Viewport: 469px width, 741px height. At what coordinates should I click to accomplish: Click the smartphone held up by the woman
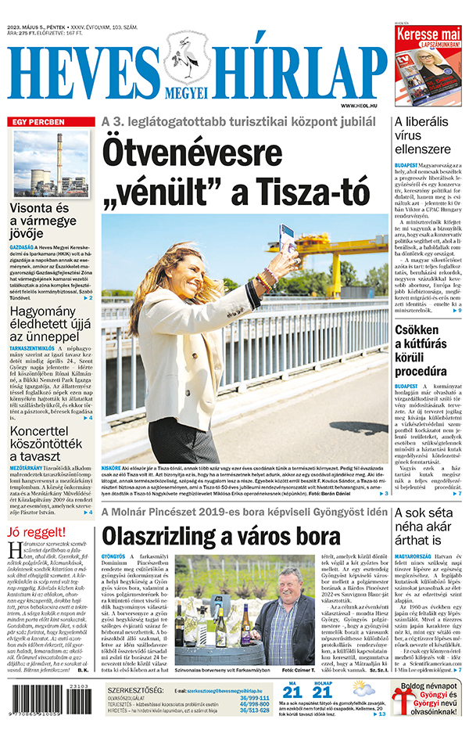click(x=287, y=238)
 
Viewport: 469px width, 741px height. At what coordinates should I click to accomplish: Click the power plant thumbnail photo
click(x=52, y=164)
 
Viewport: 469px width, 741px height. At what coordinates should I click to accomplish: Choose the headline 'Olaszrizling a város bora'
click(x=221, y=536)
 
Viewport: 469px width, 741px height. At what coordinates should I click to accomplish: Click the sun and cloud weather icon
click(x=363, y=689)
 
